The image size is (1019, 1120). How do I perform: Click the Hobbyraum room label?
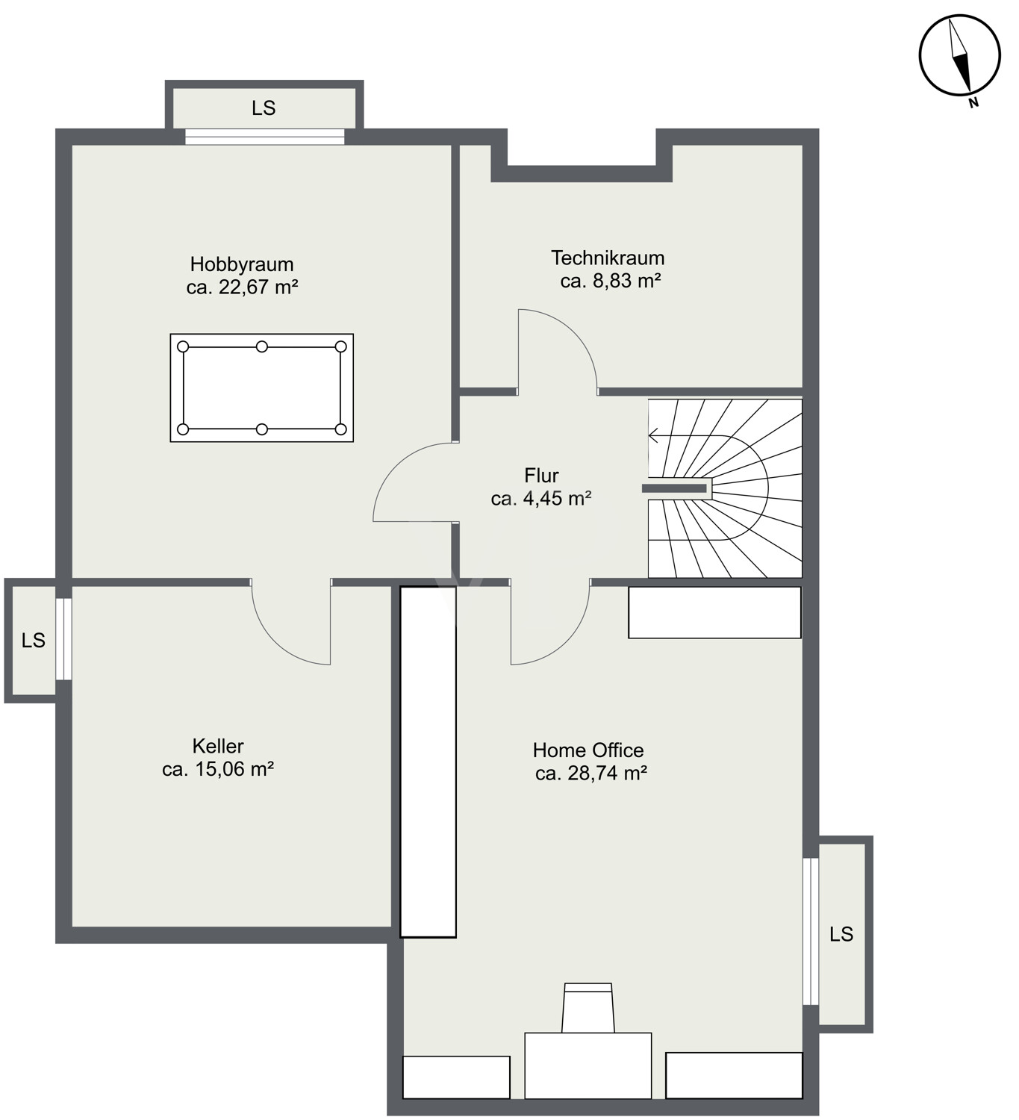point(242,264)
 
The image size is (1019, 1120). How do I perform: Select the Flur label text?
point(541,476)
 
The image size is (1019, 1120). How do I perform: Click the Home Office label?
point(588,750)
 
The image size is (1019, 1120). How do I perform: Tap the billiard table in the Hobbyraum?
point(261,388)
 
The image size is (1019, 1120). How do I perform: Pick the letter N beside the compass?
point(973,103)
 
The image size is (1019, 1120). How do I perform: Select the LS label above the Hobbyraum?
point(264,108)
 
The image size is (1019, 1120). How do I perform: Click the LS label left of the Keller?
point(34,641)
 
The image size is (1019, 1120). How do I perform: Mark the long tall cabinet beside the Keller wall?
point(429,762)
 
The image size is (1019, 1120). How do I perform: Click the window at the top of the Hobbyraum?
point(265,137)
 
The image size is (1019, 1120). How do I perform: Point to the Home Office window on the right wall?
point(811,931)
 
